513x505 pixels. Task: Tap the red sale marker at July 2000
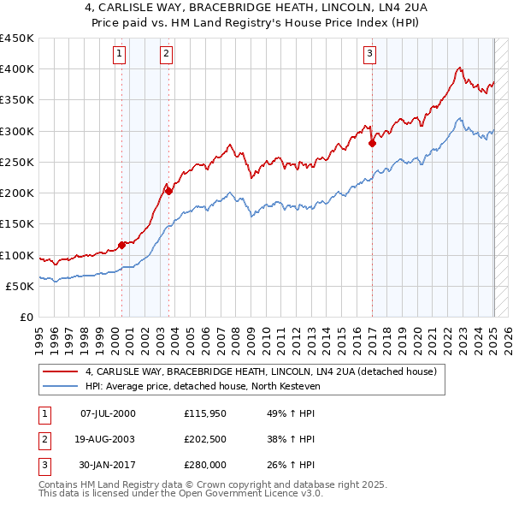coord(121,245)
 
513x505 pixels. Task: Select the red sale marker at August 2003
coord(168,192)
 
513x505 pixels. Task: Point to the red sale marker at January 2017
coord(372,144)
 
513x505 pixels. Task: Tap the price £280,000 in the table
coord(204,465)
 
